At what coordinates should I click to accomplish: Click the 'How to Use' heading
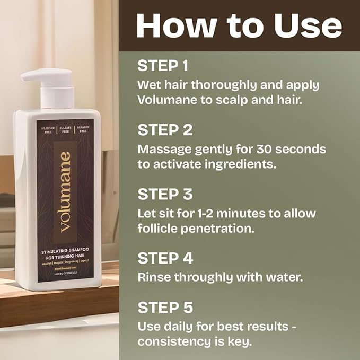[x=239, y=25]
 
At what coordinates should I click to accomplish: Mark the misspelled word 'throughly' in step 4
[x=201, y=277]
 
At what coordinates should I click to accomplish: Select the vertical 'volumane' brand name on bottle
[x=65, y=192]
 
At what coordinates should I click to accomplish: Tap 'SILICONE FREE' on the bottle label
[x=46, y=131]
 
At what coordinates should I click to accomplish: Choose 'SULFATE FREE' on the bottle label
[x=65, y=131]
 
